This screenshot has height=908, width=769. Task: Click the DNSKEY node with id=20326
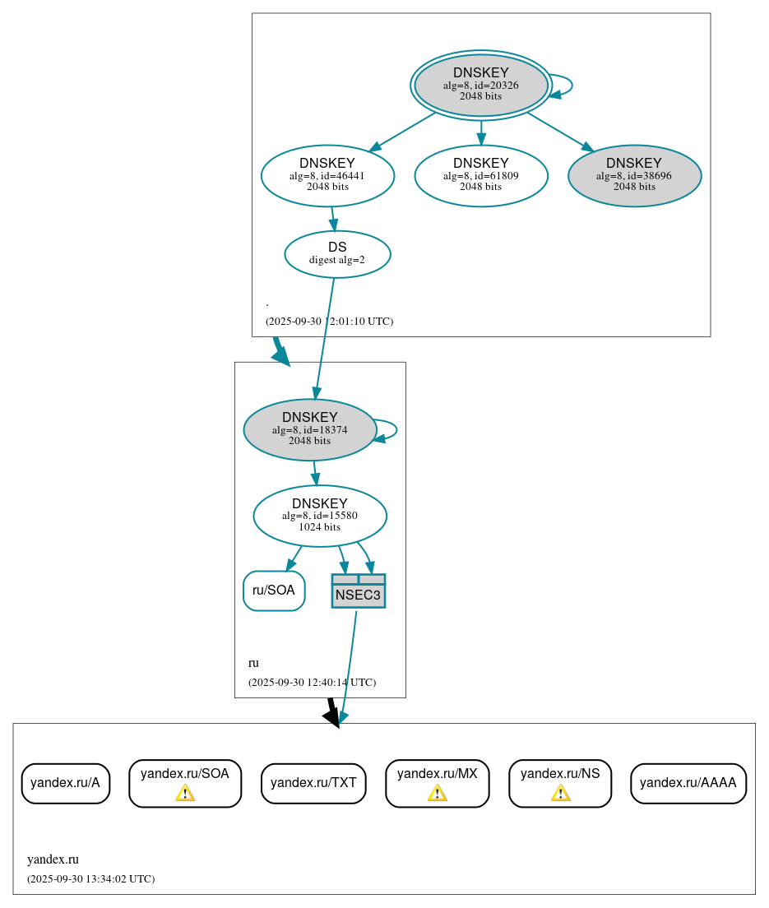tap(481, 85)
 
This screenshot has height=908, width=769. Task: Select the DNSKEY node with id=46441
tap(327, 175)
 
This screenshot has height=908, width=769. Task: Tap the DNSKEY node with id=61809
tap(481, 175)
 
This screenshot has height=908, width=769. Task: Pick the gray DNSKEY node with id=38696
tap(634, 175)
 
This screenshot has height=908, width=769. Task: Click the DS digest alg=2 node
tap(337, 253)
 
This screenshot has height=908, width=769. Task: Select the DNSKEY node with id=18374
tap(310, 429)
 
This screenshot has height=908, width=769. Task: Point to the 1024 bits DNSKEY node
tap(320, 516)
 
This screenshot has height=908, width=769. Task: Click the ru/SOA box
tap(274, 591)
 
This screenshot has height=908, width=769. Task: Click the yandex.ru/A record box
tap(65, 783)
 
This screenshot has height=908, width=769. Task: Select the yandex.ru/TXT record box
tap(313, 783)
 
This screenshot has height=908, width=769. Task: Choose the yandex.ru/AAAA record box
tap(688, 783)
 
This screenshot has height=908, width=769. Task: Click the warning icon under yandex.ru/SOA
tap(185, 793)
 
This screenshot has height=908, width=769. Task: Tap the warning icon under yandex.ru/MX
tap(437, 793)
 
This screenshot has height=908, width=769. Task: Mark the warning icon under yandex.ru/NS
tap(560, 793)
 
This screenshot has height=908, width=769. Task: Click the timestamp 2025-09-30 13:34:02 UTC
tap(90, 879)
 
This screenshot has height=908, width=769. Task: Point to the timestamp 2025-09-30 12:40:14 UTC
tap(312, 683)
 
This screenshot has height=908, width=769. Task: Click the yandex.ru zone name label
tap(53, 859)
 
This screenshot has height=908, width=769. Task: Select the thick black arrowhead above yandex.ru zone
tap(331, 716)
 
